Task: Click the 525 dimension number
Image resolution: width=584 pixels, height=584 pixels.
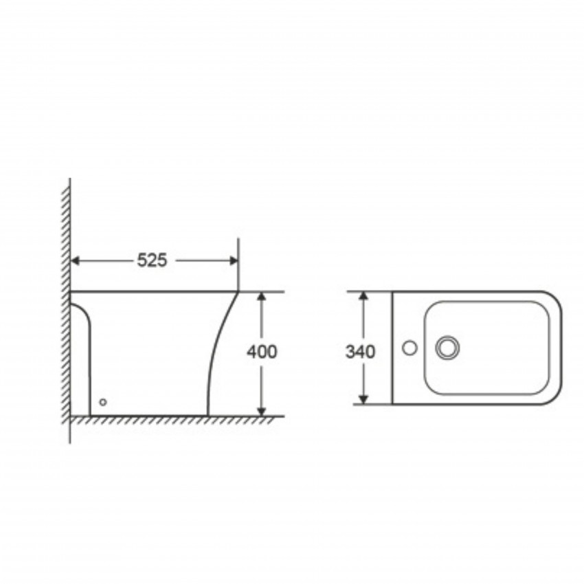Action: (x=152, y=260)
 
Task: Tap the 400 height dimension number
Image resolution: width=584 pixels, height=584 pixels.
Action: (x=262, y=351)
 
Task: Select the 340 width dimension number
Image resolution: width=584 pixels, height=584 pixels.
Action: (x=360, y=352)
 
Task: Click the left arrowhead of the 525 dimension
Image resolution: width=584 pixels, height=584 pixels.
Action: (x=75, y=260)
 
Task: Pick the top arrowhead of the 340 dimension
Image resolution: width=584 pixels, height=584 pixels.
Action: (x=364, y=295)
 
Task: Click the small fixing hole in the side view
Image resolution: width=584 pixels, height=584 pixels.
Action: (x=103, y=402)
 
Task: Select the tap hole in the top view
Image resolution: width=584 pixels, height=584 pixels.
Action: (x=409, y=348)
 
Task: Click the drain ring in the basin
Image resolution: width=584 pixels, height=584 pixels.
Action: (x=447, y=348)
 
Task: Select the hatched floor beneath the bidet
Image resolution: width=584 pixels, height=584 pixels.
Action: (x=172, y=420)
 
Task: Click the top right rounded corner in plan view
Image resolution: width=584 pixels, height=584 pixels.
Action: (x=554, y=299)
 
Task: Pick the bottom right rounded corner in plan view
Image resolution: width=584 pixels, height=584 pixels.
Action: (x=554, y=396)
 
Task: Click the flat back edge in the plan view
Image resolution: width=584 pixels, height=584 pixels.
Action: (x=392, y=348)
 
